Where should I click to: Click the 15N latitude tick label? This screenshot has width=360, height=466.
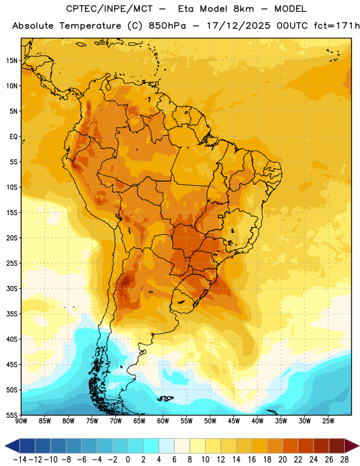click(x=12, y=61)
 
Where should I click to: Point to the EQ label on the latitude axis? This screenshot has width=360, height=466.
click(x=13, y=137)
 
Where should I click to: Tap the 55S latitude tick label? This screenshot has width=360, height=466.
click(x=12, y=415)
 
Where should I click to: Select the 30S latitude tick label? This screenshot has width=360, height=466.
click(x=12, y=288)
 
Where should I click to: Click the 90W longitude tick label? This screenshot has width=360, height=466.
click(x=22, y=421)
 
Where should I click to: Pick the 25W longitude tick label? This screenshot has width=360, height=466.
click(x=328, y=421)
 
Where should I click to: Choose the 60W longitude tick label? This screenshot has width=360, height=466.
click(x=163, y=421)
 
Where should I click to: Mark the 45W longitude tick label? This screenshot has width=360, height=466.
click(x=234, y=421)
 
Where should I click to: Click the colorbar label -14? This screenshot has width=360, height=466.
click(x=20, y=460)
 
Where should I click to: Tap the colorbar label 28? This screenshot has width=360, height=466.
click(x=344, y=460)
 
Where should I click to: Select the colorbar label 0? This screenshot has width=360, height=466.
click(x=128, y=460)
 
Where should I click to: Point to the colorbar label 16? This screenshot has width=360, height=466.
click(x=252, y=460)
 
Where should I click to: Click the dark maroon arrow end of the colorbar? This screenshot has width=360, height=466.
click(x=352, y=446)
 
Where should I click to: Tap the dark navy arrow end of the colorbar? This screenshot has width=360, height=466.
click(x=12, y=446)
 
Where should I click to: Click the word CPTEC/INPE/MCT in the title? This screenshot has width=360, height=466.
click(x=109, y=9)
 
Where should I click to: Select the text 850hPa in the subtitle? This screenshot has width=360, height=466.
click(x=167, y=26)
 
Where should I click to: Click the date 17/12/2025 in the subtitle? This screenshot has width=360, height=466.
click(x=238, y=26)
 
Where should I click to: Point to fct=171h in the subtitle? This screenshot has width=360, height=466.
click(x=337, y=26)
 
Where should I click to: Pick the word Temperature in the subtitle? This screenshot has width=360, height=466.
click(x=90, y=26)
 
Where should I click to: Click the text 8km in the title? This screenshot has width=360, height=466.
click(x=243, y=9)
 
